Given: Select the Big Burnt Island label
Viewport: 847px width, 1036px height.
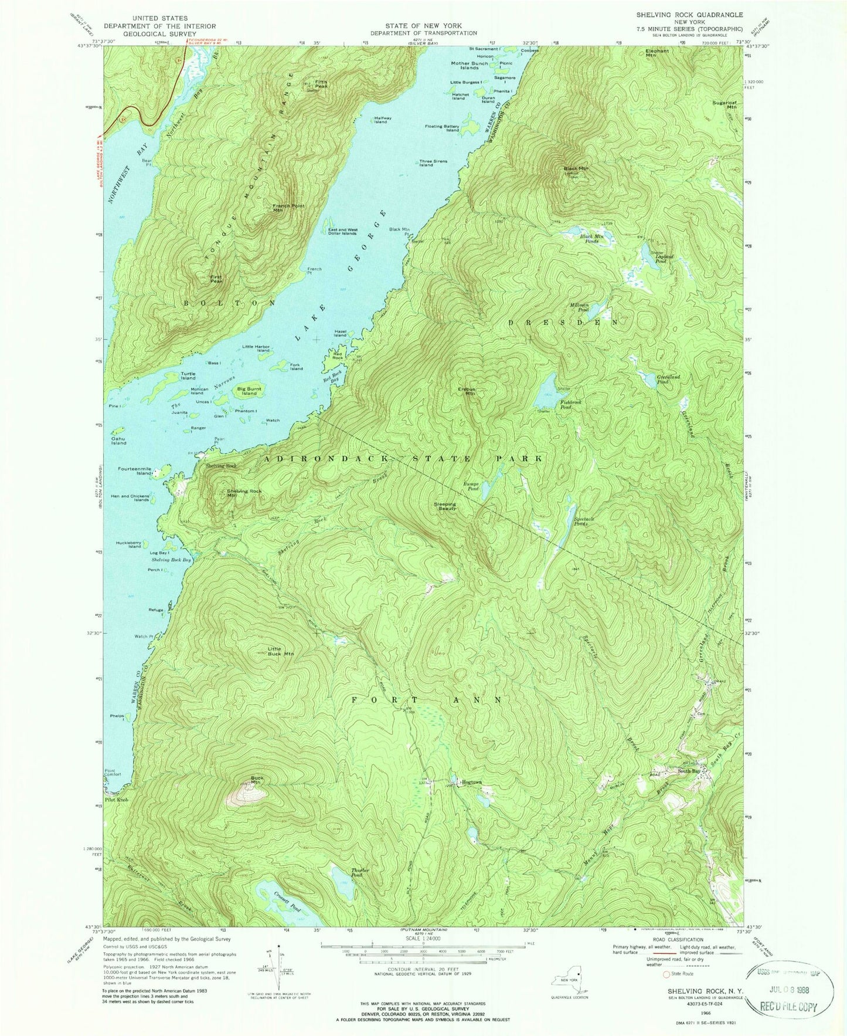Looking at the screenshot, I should click(x=250, y=391).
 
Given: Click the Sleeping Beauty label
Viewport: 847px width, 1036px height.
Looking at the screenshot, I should click(x=445, y=506).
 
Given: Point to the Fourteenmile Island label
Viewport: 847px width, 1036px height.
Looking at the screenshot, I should click(x=135, y=471).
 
